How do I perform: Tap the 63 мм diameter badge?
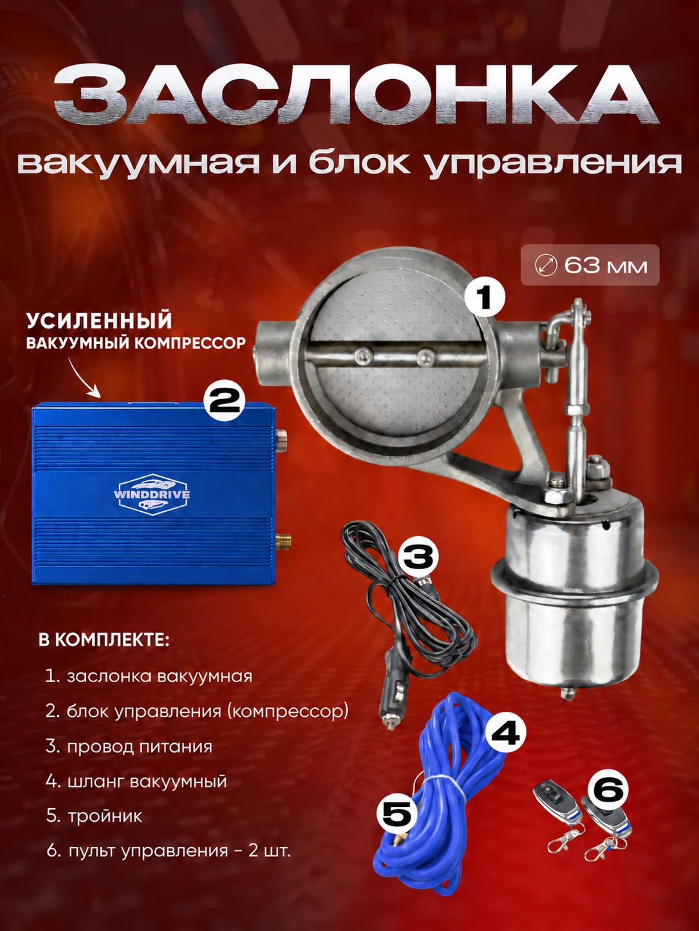tap(590, 265)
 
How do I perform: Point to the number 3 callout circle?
tap(418, 556)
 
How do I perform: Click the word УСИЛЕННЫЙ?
tap(99, 321)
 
